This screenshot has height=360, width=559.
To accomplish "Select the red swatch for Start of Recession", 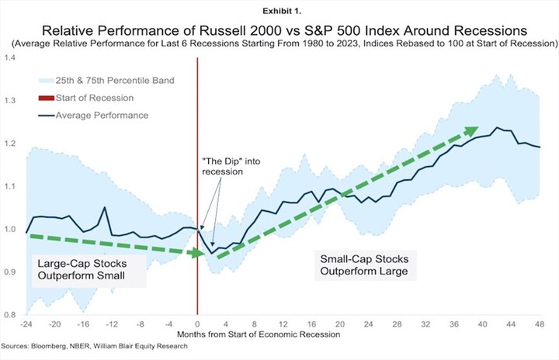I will tap(46, 98).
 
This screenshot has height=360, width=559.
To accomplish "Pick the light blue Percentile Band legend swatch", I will tap(46, 81).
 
